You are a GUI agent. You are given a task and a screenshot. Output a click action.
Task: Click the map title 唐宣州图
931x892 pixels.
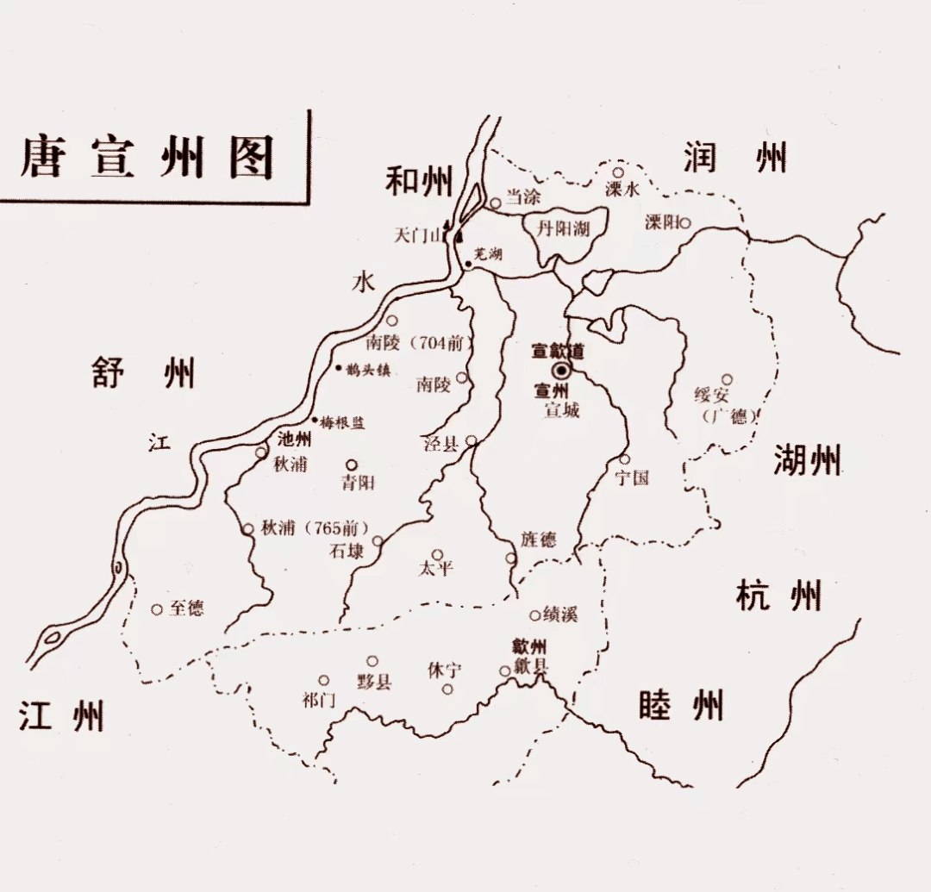click(147, 157)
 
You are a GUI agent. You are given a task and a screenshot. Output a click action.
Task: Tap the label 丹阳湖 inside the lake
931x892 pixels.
click(563, 228)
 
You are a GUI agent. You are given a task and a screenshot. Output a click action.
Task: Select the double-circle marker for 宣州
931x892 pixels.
click(562, 371)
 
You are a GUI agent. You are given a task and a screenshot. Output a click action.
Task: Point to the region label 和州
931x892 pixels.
click(418, 180)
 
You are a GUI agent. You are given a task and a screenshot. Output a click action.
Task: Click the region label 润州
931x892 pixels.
click(734, 158)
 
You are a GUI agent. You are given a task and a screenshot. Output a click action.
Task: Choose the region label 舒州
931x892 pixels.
click(143, 374)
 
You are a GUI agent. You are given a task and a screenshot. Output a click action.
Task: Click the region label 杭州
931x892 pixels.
click(778, 596)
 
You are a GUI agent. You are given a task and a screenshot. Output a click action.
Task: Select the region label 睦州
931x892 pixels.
click(681, 705)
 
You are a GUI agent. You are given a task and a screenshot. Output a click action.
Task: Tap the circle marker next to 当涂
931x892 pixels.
click(496, 203)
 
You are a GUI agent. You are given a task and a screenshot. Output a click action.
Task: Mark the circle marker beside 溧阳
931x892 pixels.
click(685, 222)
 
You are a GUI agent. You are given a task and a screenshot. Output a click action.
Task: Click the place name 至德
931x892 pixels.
click(186, 608)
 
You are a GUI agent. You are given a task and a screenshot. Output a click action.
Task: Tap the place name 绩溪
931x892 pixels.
click(559, 614)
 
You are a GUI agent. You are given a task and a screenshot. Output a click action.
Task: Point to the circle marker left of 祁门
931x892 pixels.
click(324, 680)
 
